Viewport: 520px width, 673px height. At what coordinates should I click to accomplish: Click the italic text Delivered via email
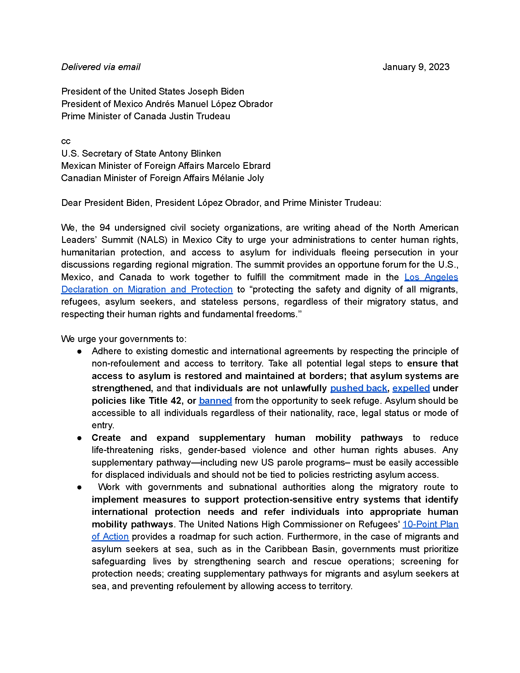101,67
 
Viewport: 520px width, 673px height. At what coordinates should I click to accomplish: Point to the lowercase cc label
66,141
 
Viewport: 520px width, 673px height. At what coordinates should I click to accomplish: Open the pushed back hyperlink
358,388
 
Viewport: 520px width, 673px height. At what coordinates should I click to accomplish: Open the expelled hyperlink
410,388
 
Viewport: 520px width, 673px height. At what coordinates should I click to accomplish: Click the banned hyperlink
215,401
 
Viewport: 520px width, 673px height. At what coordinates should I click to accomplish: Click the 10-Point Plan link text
430,524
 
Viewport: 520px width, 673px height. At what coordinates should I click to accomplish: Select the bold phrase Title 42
165,401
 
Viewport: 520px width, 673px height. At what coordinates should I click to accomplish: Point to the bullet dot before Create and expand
80,438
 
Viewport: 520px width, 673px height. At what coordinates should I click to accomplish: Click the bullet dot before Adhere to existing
80,351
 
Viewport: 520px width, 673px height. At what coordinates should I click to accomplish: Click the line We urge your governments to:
124,339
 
